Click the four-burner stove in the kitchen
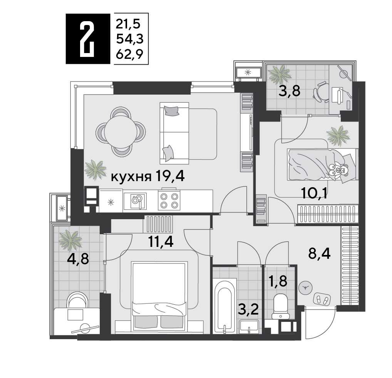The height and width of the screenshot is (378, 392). click(x=169, y=200)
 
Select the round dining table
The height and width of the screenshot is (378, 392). click(x=121, y=131)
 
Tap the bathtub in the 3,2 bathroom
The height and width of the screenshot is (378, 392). click(x=224, y=303)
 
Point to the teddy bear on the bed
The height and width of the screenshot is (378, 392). click(x=338, y=170)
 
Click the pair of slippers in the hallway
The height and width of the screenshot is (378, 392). click(x=322, y=298)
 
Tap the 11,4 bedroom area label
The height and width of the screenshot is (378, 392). click(x=161, y=242)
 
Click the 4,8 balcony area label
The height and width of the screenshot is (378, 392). click(x=78, y=258)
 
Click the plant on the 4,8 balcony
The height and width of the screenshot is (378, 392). click(x=70, y=240)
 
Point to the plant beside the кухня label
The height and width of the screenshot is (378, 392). click(x=95, y=169)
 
